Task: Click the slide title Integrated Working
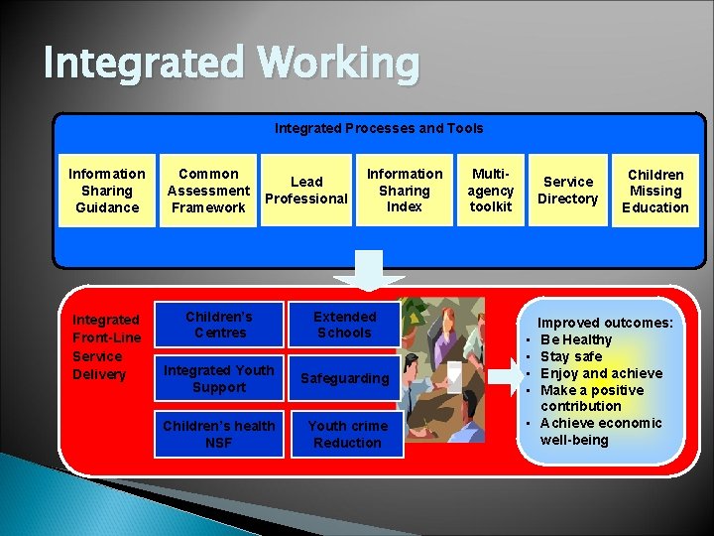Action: [231, 65]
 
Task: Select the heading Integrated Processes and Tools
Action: [379, 128]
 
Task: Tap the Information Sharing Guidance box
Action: [107, 191]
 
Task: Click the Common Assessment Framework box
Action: [208, 191]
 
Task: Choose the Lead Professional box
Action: [306, 191]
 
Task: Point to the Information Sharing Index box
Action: [405, 191]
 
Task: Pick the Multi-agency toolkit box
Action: [490, 191]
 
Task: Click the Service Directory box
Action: [568, 191]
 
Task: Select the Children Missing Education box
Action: [655, 191]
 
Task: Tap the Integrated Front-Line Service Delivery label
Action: [106, 346]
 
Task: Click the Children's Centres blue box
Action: [219, 325]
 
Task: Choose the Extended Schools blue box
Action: [344, 325]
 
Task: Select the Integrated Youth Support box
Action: [219, 378]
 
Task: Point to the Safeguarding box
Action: [344, 378]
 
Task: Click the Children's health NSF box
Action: [219, 434]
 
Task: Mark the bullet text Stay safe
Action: [571, 356]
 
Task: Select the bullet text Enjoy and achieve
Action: [601, 373]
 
